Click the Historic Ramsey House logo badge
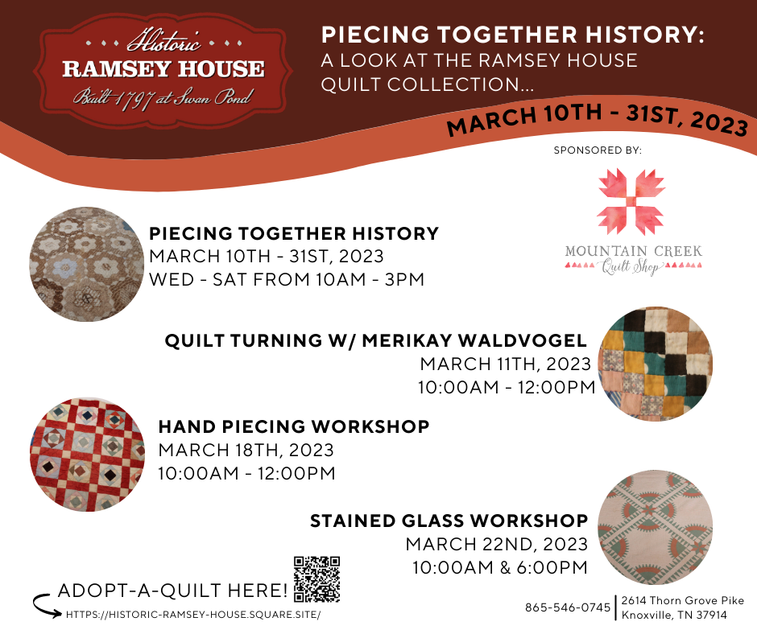pyautogui.click(x=163, y=71)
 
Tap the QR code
pyautogui.click(x=316, y=579)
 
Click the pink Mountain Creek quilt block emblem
pyautogui.click(x=631, y=202)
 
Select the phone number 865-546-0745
pyautogui.click(x=568, y=607)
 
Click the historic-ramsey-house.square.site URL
pyautogui.click(x=193, y=615)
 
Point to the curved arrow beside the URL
pyautogui.click(x=48, y=606)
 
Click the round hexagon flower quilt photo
pyautogui.click(x=87, y=265)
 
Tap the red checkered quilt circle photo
pyautogui.click(x=88, y=455)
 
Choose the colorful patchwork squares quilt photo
pyautogui.click(x=656, y=364)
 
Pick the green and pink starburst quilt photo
pyautogui.click(x=656, y=527)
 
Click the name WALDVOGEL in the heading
pyautogui.click(x=523, y=340)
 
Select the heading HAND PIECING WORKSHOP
pyautogui.click(x=294, y=426)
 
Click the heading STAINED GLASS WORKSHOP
pyautogui.click(x=449, y=521)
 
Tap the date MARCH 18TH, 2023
pyautogui.click(x=246, y=451)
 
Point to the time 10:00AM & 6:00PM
pyautogui.click(x=499, y=567)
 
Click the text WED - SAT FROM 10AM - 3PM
pyautogui.click(x=287, y=279)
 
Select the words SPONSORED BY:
pyautogui.click(x=598, y=150)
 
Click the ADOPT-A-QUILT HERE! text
pyautogui.click(x=173, y=590)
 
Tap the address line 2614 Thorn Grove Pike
pyautogui.click(x=683, y=601)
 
